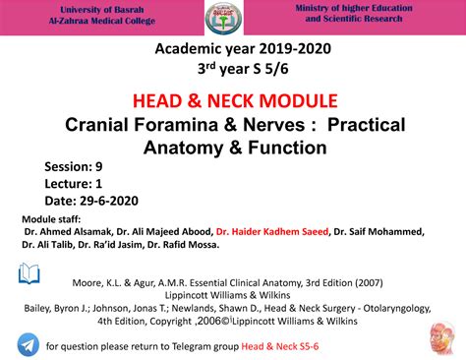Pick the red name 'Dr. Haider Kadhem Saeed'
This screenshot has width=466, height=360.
point(271,231)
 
